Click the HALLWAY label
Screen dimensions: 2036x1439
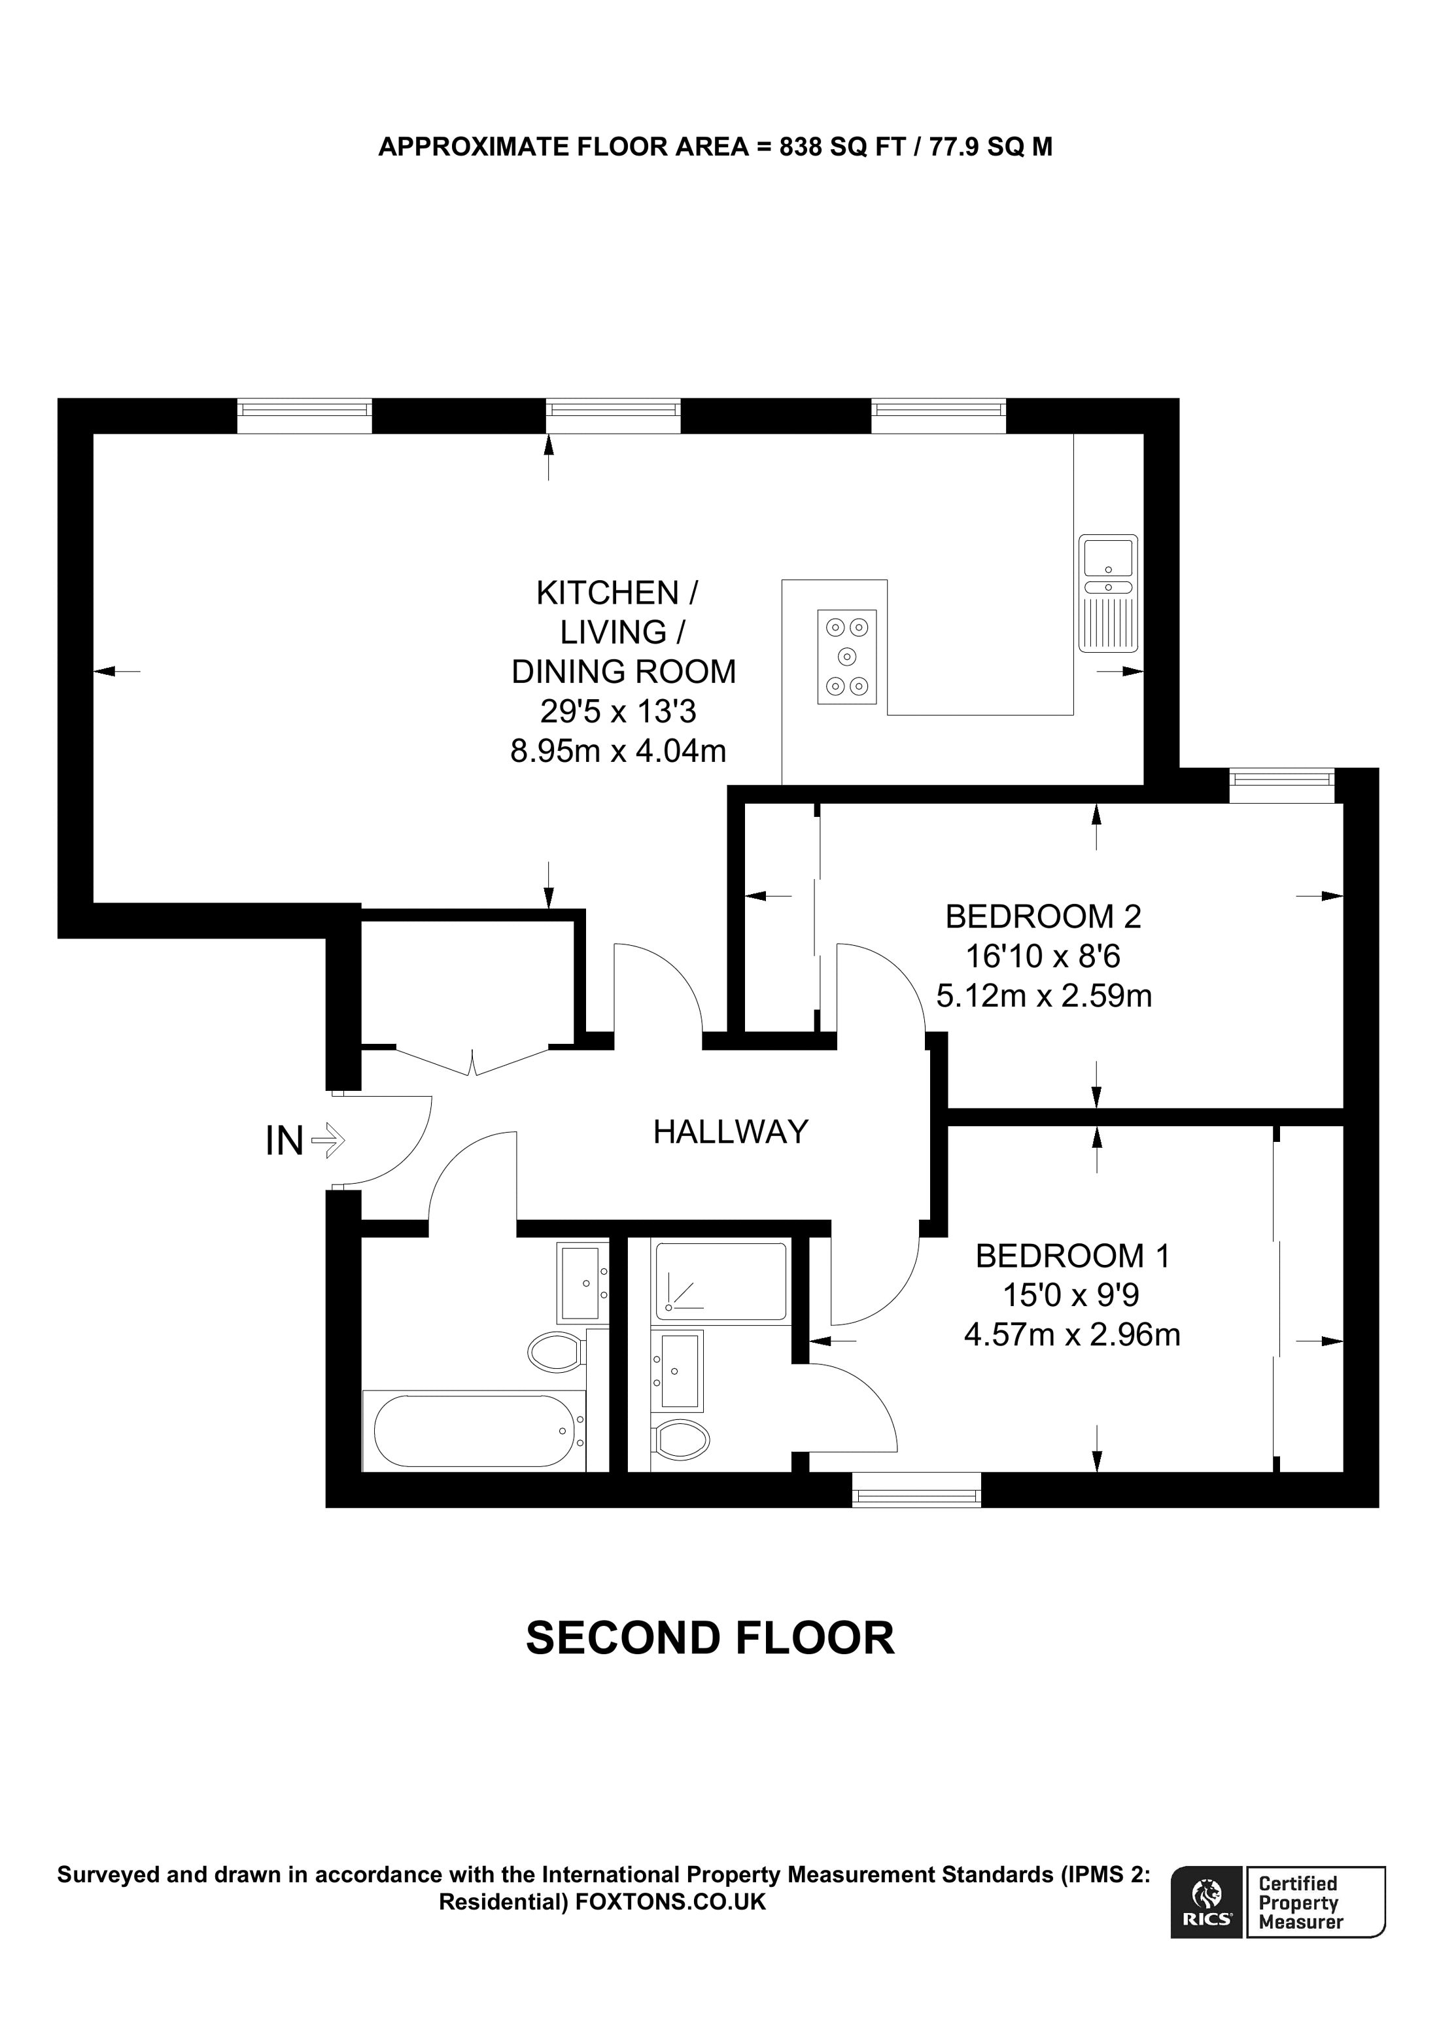coord(731,1131)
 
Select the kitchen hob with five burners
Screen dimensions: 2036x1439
coord(847,657)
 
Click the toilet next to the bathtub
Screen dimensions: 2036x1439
coord(556,1353)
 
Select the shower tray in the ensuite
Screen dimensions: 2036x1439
coord(720,1281)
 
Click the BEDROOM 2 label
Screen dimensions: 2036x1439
coord(1043,916)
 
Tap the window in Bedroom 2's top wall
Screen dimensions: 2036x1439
coord(1282,785)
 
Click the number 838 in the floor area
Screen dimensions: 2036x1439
coord(800,147)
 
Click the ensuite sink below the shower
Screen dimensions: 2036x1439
coord(678,1370)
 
